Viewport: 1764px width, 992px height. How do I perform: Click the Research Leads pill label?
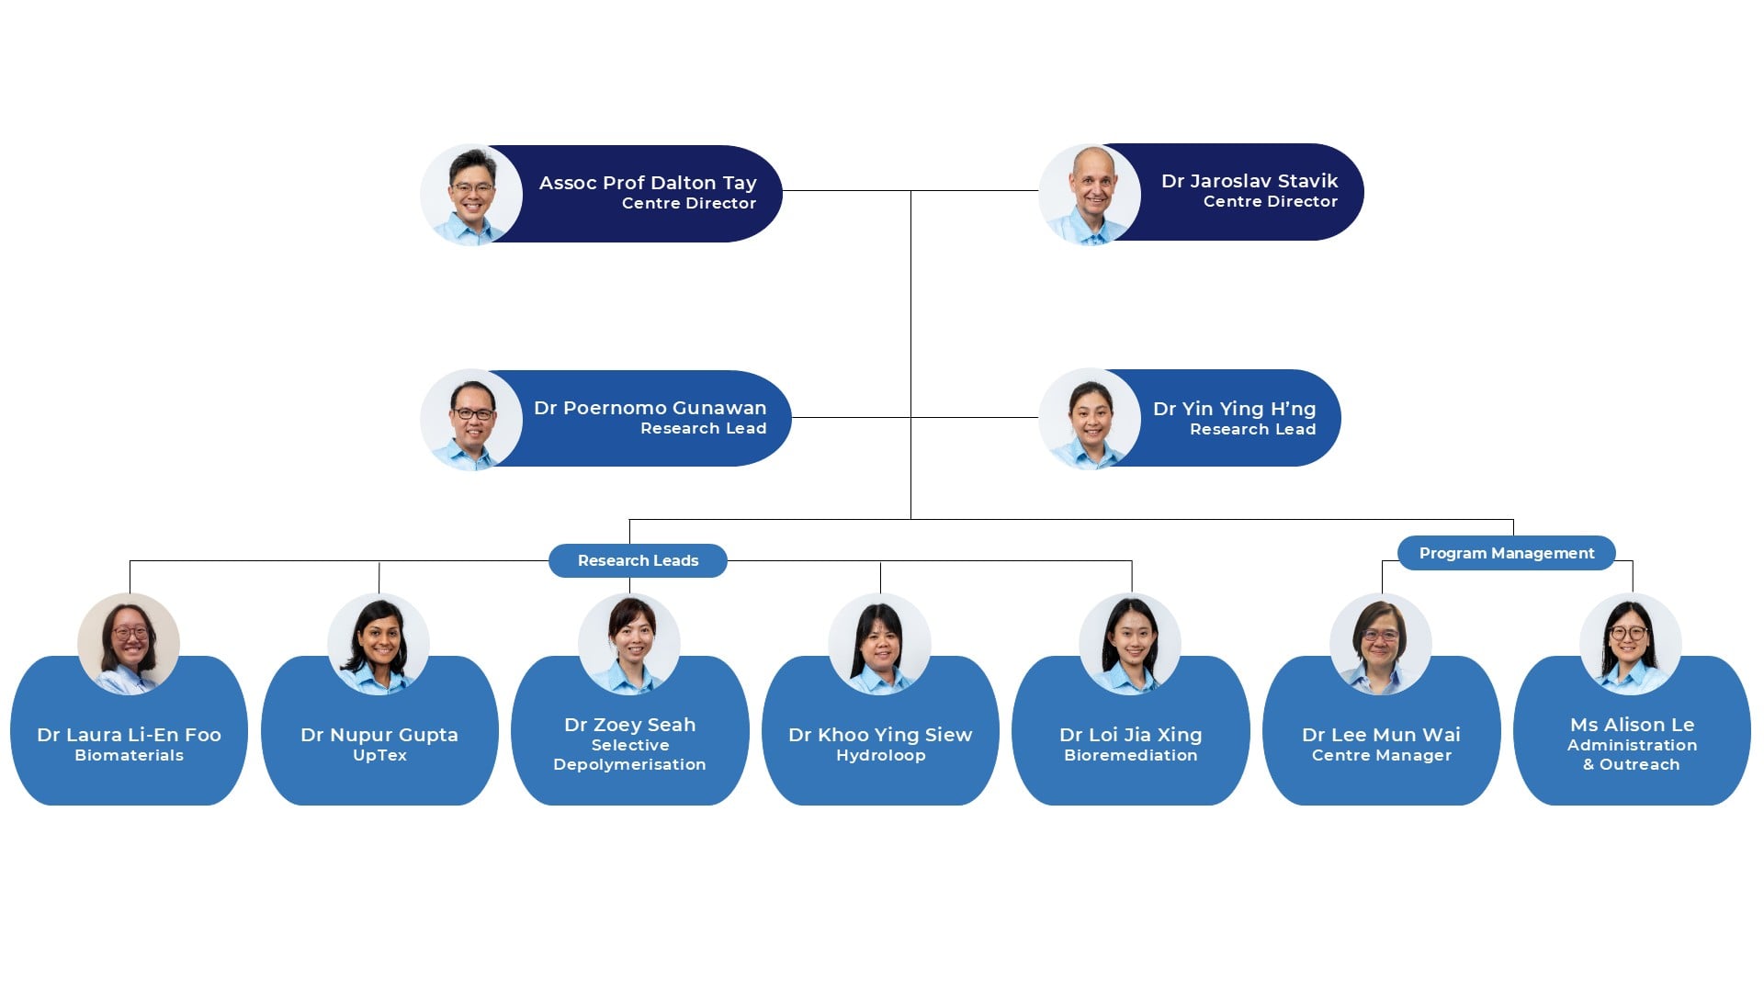pos(638,560)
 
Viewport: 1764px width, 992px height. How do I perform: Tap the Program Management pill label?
pos(1506,553)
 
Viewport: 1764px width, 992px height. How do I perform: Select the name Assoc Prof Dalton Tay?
pos(647,183)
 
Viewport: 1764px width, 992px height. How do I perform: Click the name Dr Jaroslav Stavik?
pos(1249,181)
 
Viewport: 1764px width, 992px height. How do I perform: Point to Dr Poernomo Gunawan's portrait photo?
pos(471,420)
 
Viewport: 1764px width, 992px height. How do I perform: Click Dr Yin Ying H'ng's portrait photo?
pos(1090,420)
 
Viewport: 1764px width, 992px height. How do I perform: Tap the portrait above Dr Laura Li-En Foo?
pos(129,643)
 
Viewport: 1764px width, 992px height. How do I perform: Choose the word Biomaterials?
pos(129,755)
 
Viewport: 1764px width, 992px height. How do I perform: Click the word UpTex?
pos(379,755)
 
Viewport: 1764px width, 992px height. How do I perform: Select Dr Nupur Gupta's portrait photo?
pos(379,643)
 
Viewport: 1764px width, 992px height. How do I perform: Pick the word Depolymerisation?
pos(629,764)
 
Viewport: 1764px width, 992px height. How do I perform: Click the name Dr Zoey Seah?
pos(629,725)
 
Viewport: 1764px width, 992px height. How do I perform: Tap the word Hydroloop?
pos(880,755)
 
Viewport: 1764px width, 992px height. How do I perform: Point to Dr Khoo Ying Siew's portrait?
pos(879,643)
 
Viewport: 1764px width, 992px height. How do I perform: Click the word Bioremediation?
pos(1130,755)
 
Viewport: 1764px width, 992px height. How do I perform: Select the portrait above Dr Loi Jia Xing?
pos(1130,643)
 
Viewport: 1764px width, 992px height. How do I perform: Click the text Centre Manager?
pos(1381,755)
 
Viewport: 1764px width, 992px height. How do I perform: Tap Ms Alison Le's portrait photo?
pos(1631,643)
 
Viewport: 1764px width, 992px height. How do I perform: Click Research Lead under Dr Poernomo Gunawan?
pos(703,428)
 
